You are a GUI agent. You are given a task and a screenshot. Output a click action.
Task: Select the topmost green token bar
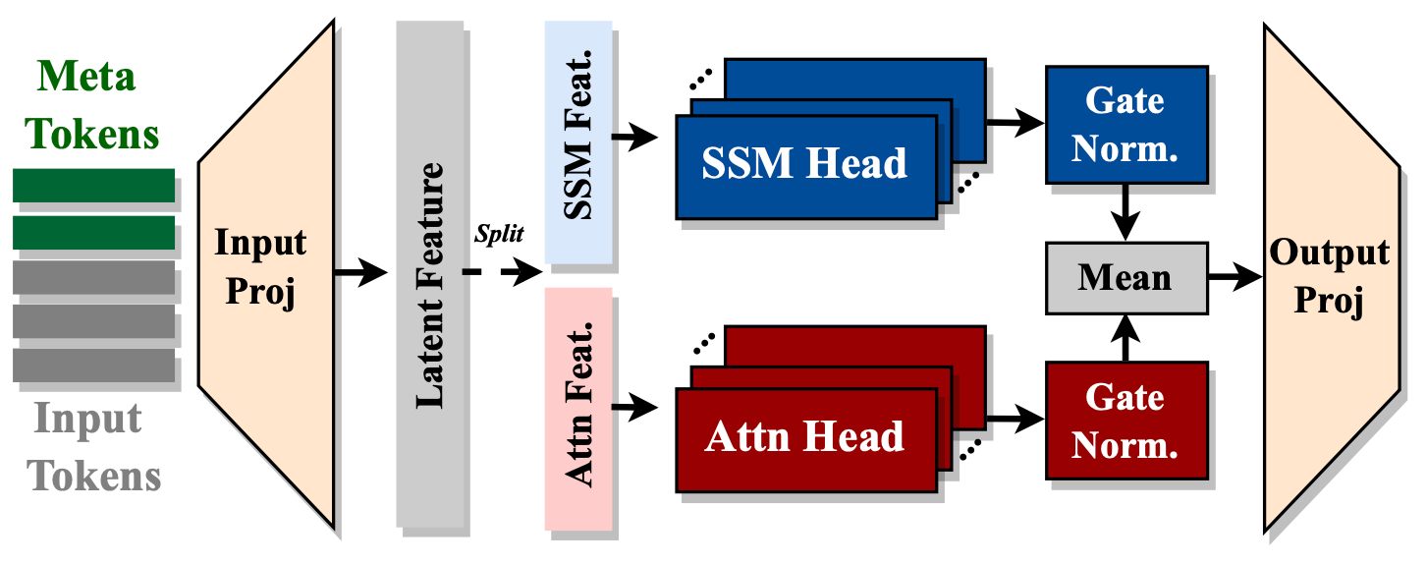tap(93, 185)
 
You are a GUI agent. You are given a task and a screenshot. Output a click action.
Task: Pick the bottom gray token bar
tap(93, 365)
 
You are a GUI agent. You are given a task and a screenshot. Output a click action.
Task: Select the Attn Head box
tap(805, 436)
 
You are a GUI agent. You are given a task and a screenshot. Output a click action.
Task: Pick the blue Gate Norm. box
tap(1125, 125)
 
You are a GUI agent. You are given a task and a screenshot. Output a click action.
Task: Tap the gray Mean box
tap(1125, 277)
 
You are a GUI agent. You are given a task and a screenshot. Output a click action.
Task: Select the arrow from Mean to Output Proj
tap(1235, 277)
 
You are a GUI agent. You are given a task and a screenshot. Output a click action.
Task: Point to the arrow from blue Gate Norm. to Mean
tap(1125, 212)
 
